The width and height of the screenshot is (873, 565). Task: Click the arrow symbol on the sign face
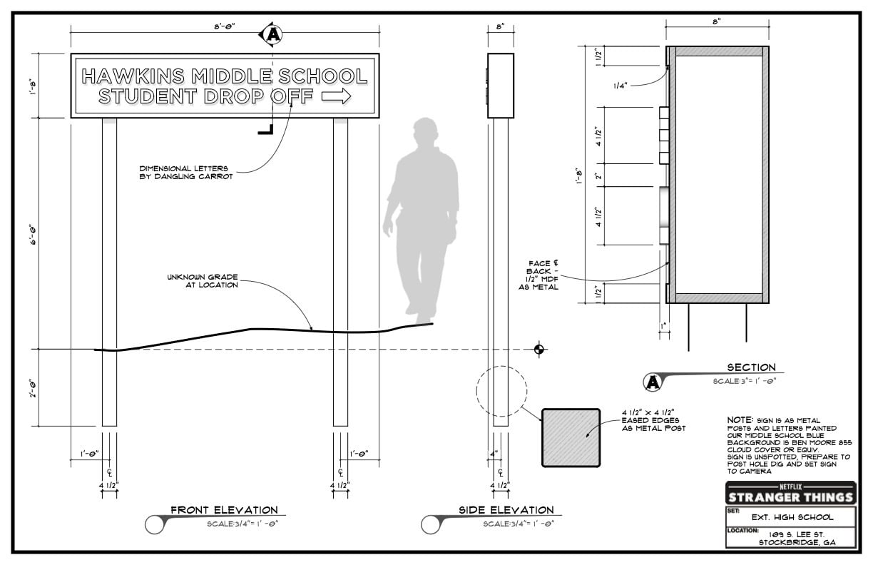(337, 96)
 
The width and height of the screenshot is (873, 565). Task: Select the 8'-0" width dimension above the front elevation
(225, 26)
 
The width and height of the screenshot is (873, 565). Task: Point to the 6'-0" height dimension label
(34, 234)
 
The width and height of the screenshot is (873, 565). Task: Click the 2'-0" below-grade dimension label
(34, 387)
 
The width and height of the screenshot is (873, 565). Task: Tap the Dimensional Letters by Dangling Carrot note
(186, 173)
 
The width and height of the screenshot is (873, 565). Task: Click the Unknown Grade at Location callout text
(203, 281)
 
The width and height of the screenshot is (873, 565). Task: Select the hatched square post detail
(571, 437)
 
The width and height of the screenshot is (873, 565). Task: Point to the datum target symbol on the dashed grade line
(539, 349)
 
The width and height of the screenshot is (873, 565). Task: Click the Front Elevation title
(224, 510)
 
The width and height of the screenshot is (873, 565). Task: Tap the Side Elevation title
(506, 510)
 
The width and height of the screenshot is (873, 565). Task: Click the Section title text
(752, 367)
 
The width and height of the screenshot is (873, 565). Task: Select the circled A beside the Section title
(653, 382)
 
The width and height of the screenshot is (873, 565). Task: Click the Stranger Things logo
(791, 494)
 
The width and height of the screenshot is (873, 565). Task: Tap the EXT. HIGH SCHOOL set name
(792, 517)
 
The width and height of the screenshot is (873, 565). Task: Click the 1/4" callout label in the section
(621, 86)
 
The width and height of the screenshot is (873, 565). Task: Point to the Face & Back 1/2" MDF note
(538, 275)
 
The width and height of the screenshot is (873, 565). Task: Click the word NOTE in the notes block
(740, 420)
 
